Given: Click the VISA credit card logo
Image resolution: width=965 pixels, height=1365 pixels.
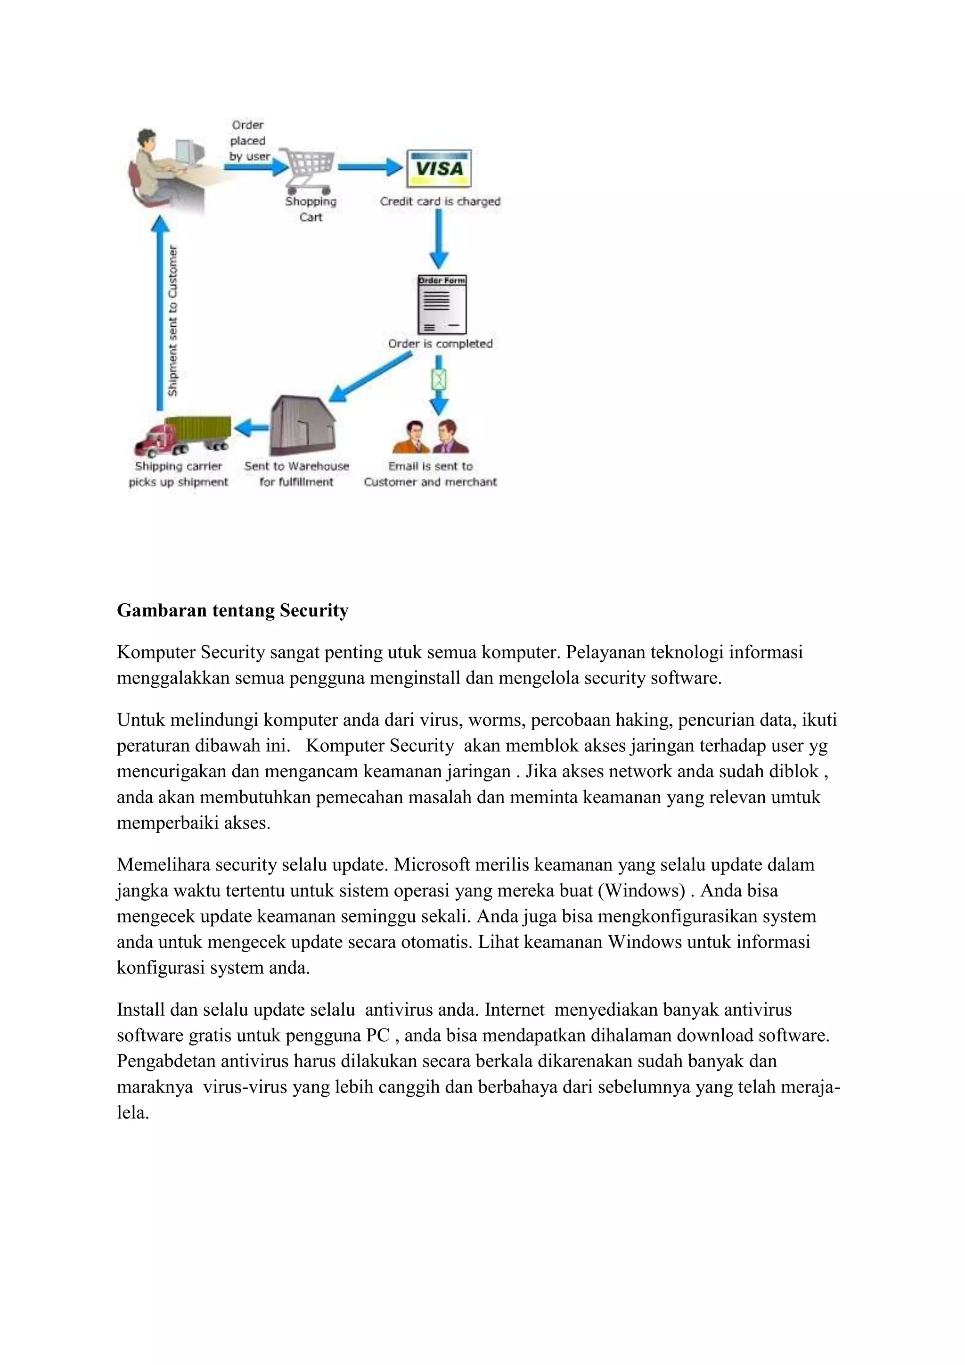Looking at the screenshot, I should coord(439,169).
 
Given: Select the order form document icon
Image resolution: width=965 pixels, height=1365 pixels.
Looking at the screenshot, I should coord(442,304).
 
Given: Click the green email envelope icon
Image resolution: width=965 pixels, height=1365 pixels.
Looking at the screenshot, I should coord(439,378).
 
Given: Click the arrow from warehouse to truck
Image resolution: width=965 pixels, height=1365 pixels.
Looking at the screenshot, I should coord(251,427).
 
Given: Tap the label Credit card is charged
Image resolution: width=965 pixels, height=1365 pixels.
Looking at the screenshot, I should coord(440,202).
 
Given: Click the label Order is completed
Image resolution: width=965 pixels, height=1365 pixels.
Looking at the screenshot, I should coord(440,344).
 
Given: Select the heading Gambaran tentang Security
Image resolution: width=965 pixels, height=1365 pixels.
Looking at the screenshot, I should coord(232,610).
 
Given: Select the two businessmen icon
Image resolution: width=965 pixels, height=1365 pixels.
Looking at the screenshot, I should coord(431,437).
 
